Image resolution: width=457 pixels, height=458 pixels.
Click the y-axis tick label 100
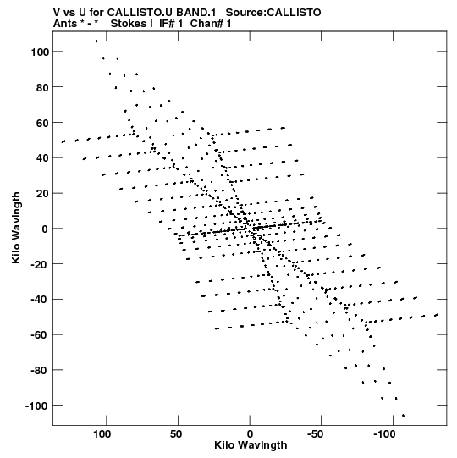pos(40,52)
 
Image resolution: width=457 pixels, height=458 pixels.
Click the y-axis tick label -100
pos(36,406)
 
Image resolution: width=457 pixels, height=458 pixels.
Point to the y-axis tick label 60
pos(42,124)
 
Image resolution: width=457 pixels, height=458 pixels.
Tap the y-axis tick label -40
pos(40,300)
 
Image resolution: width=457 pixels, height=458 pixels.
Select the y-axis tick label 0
pos(45,229)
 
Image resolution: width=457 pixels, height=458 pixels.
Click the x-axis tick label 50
pos(176,434)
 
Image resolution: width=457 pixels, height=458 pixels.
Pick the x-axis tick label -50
pos(316,434)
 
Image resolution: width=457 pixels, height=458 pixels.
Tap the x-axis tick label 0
pos(250,434)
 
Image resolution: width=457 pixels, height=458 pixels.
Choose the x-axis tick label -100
pos(384,434)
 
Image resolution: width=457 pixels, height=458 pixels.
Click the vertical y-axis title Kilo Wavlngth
pos(16,228)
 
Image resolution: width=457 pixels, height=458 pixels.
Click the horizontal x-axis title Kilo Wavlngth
pos(251,445)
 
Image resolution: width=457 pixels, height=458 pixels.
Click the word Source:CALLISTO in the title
pos(273,13)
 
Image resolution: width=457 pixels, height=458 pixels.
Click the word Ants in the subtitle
pos(64,24)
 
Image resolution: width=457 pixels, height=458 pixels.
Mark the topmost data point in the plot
pos(96,41)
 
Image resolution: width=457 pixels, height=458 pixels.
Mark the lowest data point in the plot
pos(404,416)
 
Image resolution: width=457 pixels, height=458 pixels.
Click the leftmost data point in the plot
pos(63,142)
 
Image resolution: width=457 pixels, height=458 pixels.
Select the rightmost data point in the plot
pos(437,315)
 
